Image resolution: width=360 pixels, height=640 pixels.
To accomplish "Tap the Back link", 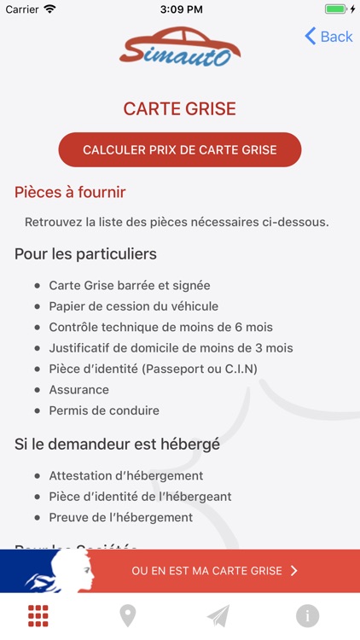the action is click(329, 36).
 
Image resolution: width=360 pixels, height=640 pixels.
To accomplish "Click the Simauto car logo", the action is click(180, 47).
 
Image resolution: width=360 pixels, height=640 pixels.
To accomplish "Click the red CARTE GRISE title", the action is click(180, 109).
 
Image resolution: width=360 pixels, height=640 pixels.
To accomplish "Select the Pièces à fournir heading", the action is click(70, 192).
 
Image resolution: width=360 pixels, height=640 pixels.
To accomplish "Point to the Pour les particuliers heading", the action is click(85, 254).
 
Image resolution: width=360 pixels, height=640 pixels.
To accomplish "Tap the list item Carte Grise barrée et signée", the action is click(130, 285).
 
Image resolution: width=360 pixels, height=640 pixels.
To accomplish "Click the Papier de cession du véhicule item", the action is click(134, 306).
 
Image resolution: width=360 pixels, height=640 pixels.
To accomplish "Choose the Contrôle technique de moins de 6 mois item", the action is click(161, 327).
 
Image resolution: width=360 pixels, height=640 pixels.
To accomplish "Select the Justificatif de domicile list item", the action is click(171, 348).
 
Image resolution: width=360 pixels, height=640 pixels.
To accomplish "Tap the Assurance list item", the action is click(79, 390).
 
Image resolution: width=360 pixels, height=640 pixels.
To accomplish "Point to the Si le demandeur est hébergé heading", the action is click(117, 445).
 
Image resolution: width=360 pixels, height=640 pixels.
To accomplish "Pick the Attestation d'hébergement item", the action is click(125, 475).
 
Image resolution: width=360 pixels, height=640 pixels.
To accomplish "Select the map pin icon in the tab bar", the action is click(128, 615).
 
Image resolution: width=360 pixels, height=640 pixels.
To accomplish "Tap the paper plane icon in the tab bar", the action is click(218, 615).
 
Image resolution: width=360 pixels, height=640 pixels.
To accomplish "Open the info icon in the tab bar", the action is click(308, 615).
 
